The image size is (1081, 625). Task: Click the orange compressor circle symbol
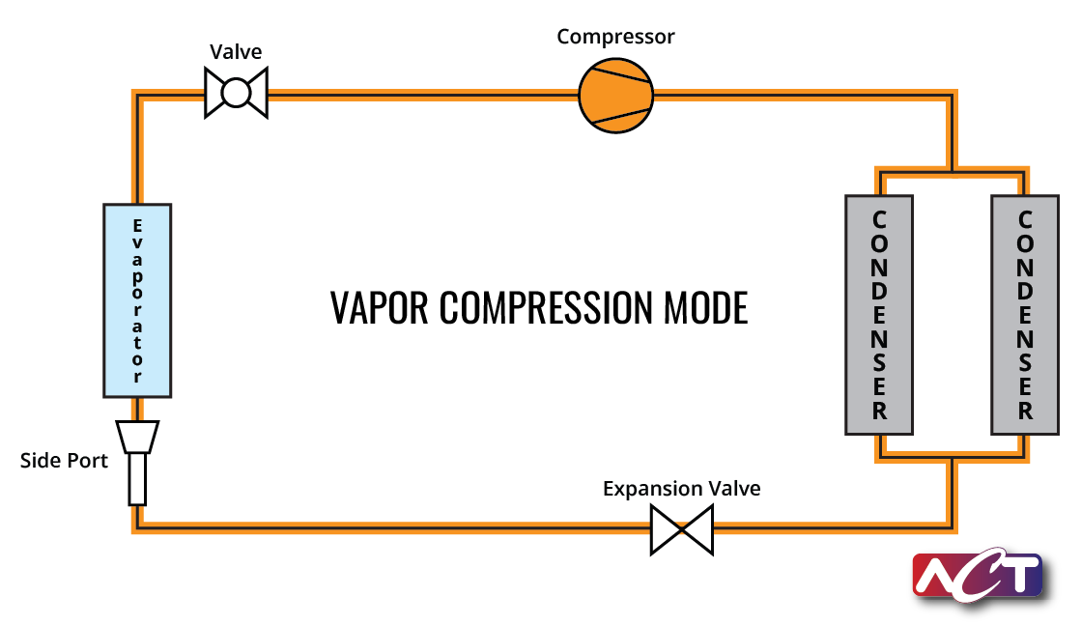pyautogui.click(x=615, y=95)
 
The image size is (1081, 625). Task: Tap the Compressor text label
pyautogui.click(x=615, y=37)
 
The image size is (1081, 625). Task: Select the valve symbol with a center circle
pyautogui.click(x=236, y=93)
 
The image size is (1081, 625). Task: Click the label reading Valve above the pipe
pyautogui.click(x=236, y=52)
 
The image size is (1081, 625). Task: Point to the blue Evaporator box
pyautogui.click(x=137, y=300)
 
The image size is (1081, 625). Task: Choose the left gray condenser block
pyautogui.click(x=879, y=315)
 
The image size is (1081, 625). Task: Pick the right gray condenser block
pyautogui.click(x=1025, y=315)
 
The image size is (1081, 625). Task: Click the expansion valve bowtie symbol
pyautogui.click(x=682, y=530)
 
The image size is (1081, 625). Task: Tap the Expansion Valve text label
pyautogui.click(x=682, y=489)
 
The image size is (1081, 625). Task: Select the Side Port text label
pyautogui.click(x=64, y=461)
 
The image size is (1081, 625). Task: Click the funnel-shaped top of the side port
pyautogui.click(x=137, y=437)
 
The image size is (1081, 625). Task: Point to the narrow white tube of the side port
pyautogui.click(x=137, y=479)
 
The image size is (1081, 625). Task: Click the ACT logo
pyautogui.click(x=979, y=576)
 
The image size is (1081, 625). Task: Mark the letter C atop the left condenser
pyautogui.click(x=879, y=220)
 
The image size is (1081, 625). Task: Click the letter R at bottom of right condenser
pyautogui.click(x=1025, y=412)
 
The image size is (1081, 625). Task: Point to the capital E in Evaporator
pyautogui.click(x=137, y=226)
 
